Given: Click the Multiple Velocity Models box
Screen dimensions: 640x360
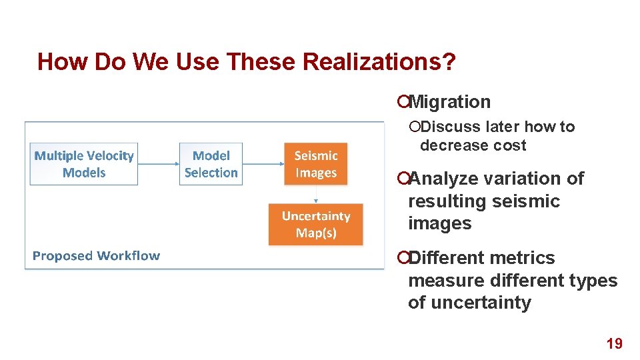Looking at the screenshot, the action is click(84, 164).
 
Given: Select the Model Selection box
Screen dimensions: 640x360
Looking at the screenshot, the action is click(211, 164).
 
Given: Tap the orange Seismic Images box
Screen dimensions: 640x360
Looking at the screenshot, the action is click(316, 164).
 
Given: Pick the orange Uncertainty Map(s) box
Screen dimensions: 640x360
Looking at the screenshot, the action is click(316, 225).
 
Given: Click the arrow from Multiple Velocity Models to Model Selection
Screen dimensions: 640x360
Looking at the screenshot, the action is click(158, 164).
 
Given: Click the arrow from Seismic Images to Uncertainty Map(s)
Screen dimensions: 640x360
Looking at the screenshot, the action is click(316, 194).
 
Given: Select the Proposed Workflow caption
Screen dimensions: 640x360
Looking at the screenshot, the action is click(96, 256).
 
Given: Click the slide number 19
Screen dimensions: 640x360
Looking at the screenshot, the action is click(614, 344).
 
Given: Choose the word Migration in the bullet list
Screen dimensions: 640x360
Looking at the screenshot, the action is click(449, 102).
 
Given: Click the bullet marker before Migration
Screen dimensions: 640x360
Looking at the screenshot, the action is click(402, 102).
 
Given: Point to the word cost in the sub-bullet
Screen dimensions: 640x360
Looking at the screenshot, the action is click(510, 145).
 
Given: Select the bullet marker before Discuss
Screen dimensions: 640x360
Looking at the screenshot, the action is click(415, 127).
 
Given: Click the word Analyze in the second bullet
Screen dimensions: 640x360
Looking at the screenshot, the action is click(443, 179).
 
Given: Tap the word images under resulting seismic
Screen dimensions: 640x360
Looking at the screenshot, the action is click(439, 223).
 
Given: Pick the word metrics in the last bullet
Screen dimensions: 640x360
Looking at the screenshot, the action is click(525, 258).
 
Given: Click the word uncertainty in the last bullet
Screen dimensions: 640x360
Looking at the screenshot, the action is click(481, 303).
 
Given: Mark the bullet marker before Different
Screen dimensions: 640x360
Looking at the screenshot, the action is click(402, 258).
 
